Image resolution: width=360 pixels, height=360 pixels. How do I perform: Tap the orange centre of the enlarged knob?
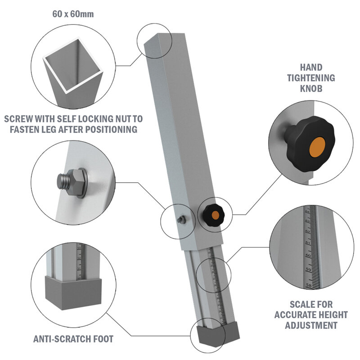pos(319,147)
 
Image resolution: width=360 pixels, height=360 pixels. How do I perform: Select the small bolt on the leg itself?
pos(181,219)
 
